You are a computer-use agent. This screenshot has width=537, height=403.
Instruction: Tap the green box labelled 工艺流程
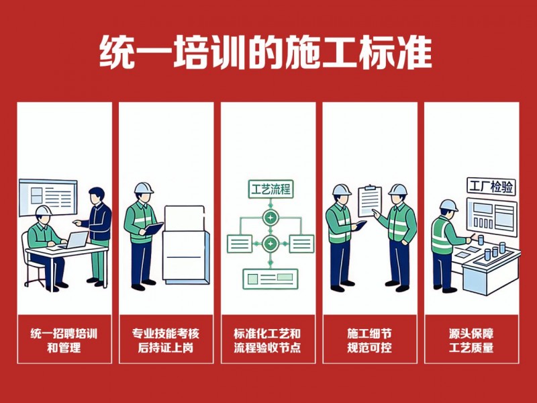(x=271, y=189)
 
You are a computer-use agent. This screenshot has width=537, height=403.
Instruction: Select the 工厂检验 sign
(x=491, y=187)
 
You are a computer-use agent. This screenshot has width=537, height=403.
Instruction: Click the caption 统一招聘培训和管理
(x=64, y=341)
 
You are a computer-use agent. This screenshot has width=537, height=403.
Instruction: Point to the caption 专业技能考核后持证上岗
(x=166, y=341)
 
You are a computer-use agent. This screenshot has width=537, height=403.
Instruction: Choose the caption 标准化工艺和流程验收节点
(x=267, y=341)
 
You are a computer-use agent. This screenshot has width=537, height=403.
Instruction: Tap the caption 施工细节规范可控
(x=369, y=341)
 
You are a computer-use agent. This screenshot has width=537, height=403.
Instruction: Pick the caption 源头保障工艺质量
(x=471, y=341)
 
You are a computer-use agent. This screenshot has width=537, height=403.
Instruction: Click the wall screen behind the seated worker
(x=48, y=197)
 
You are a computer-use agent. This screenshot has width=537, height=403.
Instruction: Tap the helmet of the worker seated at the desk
(x=44, y=210)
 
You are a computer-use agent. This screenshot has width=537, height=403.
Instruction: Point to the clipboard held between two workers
(x=370, y=201)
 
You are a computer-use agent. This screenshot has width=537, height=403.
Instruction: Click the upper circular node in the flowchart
(x=271, y=218)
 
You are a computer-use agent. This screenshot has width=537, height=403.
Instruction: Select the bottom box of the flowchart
(x=271, y=279)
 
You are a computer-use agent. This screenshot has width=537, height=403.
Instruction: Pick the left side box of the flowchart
(x=240, y=244)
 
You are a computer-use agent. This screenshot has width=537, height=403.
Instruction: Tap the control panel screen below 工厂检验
(x=492, y=216)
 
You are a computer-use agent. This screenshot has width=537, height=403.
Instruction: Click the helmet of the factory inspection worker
(x=448, y=206)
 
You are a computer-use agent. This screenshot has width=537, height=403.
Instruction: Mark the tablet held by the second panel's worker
(x=154, y=228)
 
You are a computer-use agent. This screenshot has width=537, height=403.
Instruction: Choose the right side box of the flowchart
(x=301, y=244)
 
